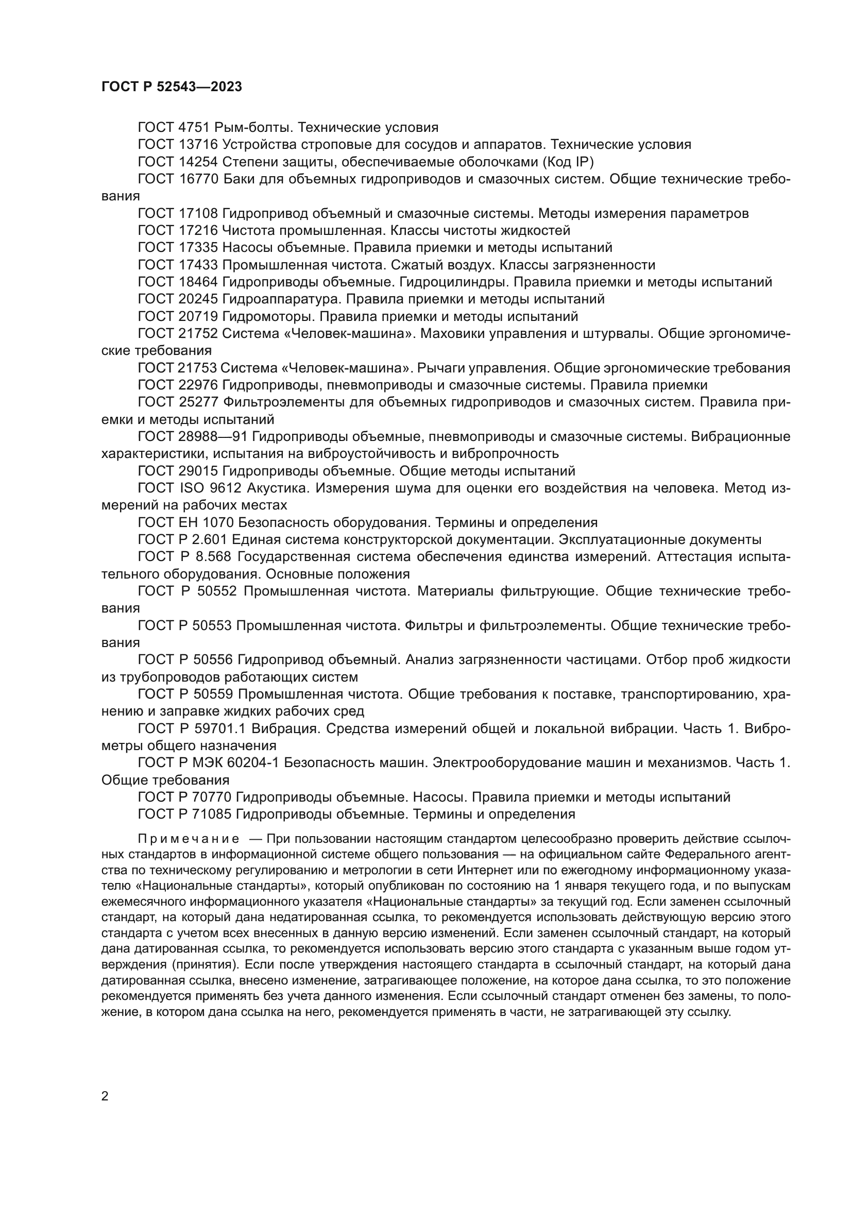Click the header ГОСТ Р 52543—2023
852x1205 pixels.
point(172,87)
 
